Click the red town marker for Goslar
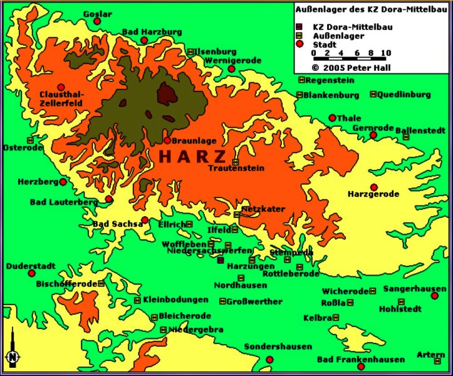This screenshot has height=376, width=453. coord(97,21)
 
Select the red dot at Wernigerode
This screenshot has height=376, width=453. coord(231,68)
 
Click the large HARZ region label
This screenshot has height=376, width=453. coord(192,156)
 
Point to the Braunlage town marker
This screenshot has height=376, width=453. coord(167,140)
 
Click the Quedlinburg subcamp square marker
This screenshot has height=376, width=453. coord(373,95)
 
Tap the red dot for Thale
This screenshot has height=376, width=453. coord(332,118)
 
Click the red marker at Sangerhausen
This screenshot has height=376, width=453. coord(434,295)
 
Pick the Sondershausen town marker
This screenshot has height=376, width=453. coord(269,359)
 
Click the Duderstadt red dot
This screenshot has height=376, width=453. coord(31,273)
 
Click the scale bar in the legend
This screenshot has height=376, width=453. coord(349,58)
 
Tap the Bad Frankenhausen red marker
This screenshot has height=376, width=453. coord(360,367)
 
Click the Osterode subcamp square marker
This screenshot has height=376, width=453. coord(29,140)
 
